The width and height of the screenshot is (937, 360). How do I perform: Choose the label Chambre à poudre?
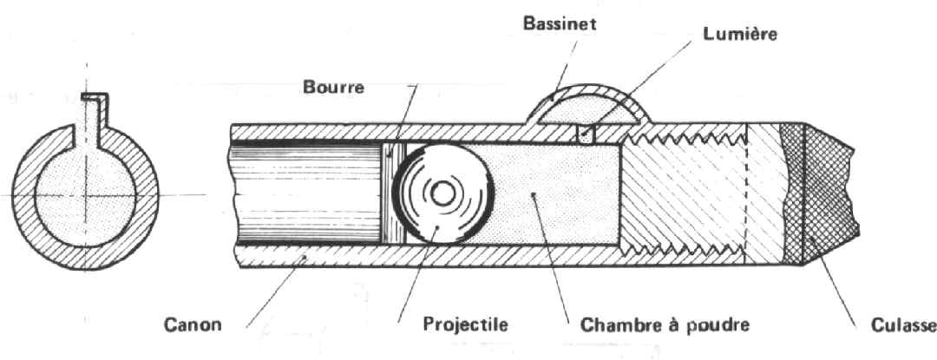659,326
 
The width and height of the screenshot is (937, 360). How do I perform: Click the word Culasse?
902,326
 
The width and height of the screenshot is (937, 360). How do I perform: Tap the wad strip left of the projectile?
390,195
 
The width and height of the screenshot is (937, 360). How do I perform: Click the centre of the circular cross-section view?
85,195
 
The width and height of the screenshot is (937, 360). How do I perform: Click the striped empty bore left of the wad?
304,195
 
